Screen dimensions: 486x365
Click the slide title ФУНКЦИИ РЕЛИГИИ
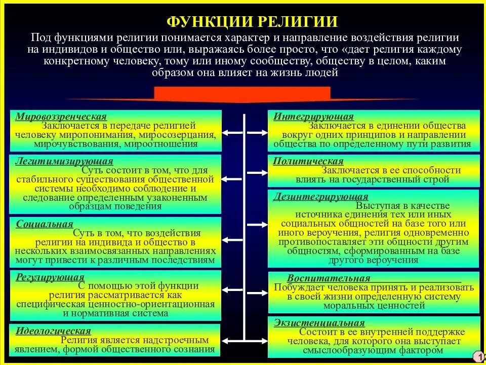252,21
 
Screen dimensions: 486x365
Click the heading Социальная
45,224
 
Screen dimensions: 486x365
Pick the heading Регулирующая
50,277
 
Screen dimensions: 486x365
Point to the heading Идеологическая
53,331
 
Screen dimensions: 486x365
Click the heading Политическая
308,161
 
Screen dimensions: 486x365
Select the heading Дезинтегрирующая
321,197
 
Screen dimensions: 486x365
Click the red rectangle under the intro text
242,93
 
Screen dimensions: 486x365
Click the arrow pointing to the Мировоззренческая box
231,133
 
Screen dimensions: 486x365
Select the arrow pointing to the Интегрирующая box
257,133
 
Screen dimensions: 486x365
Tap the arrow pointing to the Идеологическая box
231,338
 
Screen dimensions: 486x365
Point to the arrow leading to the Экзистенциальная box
257,338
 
